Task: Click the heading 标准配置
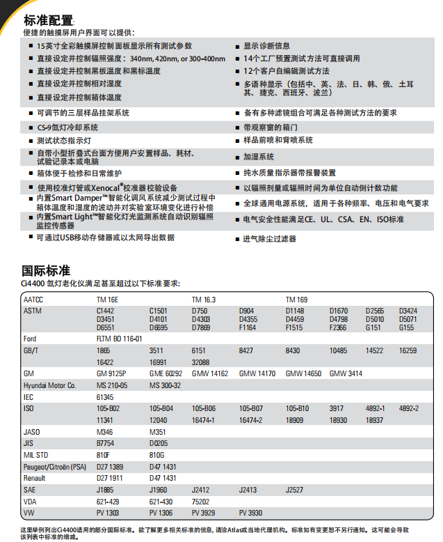tap(48, 20)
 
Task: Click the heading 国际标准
tap(47, 270)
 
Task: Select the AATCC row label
tap(33, 300)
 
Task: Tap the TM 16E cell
tap(107, 300)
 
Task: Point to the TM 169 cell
tap(296, 300)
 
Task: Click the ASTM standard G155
tap(406, 327)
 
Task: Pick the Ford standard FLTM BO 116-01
tap(120, 339)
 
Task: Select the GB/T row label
tap(31, 350)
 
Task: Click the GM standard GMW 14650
tap(303, 374)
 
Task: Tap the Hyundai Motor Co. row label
tap(49, 385)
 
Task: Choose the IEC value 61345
tap(105, 396)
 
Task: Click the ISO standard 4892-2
tap(409, 408)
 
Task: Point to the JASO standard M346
tap(104, 432)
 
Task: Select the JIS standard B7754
tap(106, 443)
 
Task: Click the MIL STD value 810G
tap(158, 455)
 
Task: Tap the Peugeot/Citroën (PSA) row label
tap(55, 466)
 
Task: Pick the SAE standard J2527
tap(295, 490)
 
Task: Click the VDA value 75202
tap(202, 501)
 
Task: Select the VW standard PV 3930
tap(251, 513)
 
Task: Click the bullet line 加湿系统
tap(258, 157)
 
